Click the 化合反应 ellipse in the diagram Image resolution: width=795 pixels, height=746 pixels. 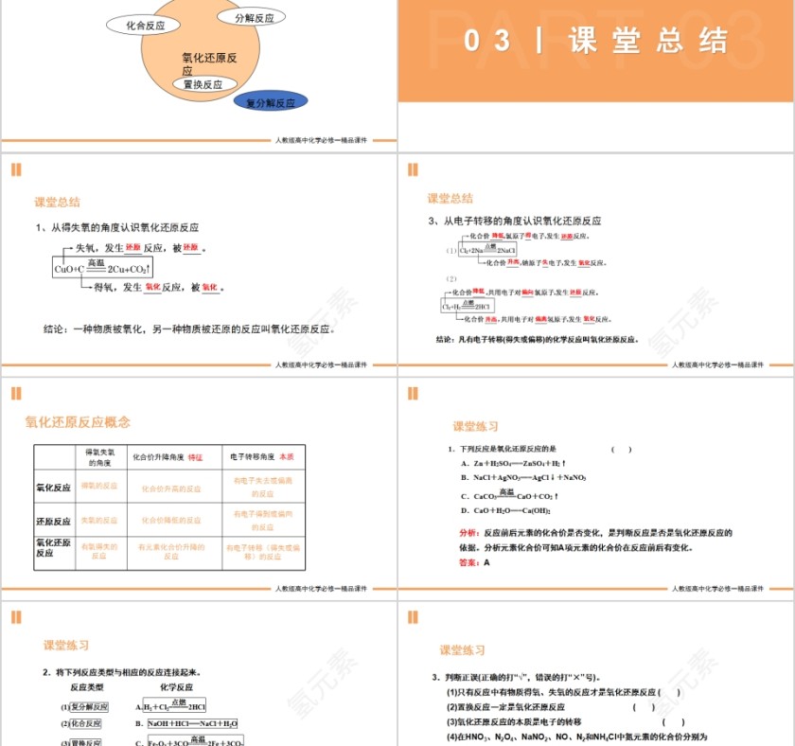click(x=146, y=26)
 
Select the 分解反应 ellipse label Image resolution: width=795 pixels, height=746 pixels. click(x=254, y=18)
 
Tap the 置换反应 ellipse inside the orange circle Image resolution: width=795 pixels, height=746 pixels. click(x=203, y=84)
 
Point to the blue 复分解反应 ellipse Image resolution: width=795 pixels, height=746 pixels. click(x=270, y=102)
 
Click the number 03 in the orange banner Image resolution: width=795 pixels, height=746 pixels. click(x=488, y=41)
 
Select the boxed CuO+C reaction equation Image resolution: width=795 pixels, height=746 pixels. click(x=103, y=269)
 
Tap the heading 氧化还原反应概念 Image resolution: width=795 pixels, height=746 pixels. click(x=78, y=422)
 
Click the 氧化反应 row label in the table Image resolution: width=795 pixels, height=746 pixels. click(x=53, y=488)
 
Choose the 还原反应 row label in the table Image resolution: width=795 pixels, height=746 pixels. click(x=53, y=522)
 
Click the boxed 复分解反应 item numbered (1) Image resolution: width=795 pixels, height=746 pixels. click(x=90, y=706)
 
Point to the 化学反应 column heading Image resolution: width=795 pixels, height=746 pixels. click(x=176, y=687)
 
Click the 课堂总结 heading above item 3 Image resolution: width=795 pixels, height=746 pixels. click(x=450, y=199)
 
